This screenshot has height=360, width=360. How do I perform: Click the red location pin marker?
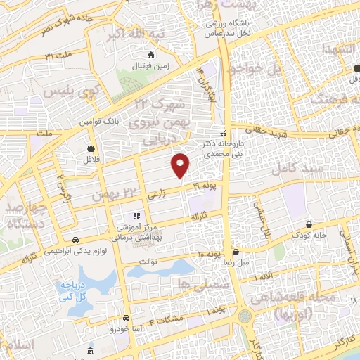point(181,165)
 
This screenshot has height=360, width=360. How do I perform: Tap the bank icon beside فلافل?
point(91,148)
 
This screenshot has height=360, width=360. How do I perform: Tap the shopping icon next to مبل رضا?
point(236,252)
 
